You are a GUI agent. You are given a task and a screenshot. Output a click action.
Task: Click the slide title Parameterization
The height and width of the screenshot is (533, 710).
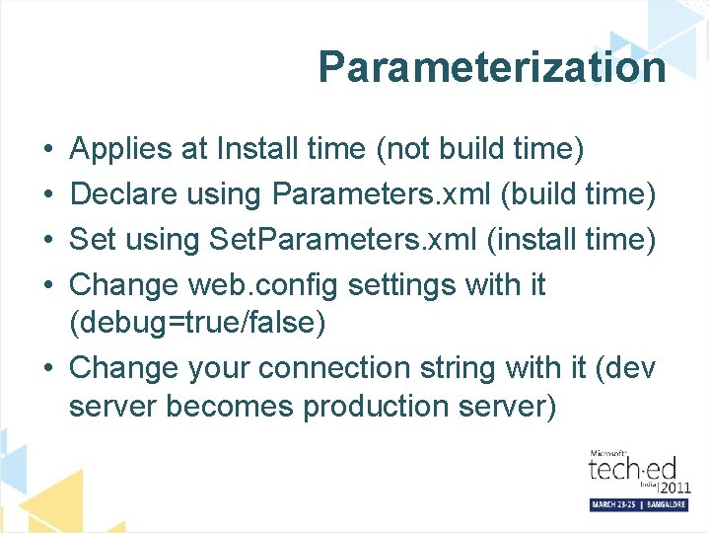point(491,67)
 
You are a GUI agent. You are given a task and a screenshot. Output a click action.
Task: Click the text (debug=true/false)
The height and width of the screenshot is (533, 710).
point(197,323)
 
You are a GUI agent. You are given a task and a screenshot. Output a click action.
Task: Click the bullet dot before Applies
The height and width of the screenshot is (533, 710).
point(48,150)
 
